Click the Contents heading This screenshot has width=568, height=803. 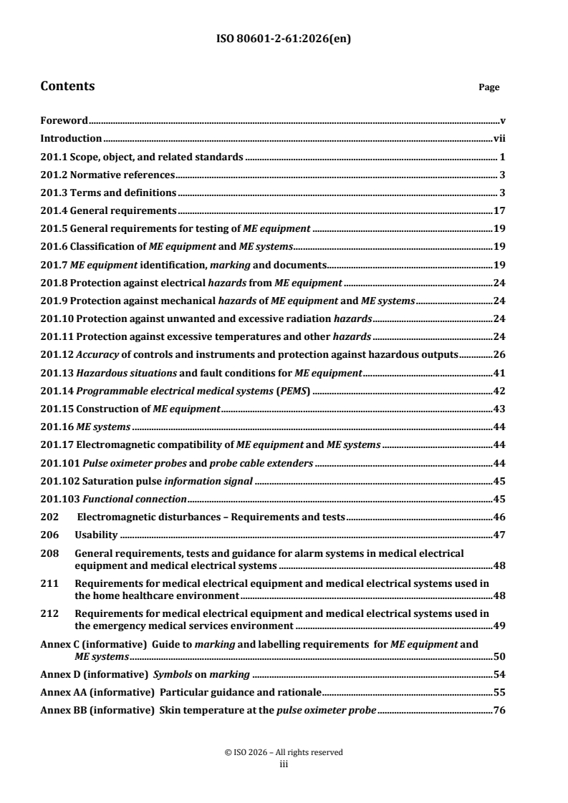tap(67, 87)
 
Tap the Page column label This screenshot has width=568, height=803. tap(488, 87)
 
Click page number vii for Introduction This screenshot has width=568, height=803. tap(500, 139)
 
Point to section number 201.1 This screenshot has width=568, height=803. tap(54, 157)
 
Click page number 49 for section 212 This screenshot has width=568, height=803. tap(501, 625)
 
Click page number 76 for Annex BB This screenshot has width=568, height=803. tap(501, 710)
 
